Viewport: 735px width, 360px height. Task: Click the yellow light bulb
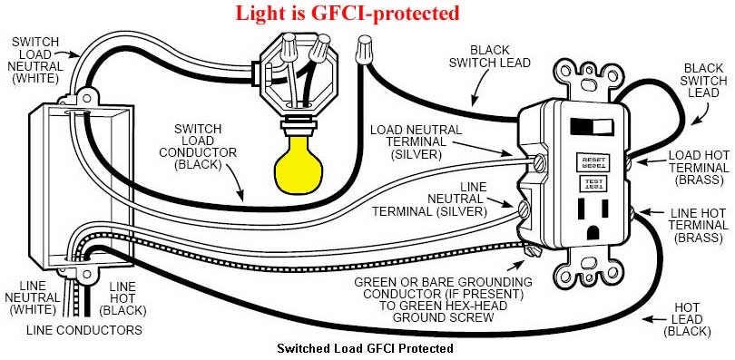point(298,164)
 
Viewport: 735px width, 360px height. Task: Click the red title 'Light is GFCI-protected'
point(347,13)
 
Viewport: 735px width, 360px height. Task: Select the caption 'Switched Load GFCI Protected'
point(365,348)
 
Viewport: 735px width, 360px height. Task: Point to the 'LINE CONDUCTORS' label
point(84,330)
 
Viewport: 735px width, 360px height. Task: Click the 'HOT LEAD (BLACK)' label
point(688,320)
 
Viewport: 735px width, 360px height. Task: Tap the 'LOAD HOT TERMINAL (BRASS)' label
point(699,167)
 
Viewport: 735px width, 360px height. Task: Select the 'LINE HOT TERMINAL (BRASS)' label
point(699,225)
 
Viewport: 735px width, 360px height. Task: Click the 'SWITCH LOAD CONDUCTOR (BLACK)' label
point(198,146)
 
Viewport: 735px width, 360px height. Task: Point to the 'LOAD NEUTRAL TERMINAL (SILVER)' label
point(416,141)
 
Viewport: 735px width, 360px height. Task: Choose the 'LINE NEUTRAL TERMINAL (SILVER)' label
point(430,199)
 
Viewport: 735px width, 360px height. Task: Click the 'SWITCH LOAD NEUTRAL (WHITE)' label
point(35,61)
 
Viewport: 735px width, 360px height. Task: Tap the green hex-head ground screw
point(533,251)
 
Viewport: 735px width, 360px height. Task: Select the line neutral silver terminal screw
point(524,209)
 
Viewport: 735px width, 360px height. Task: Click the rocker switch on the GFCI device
point(592,126)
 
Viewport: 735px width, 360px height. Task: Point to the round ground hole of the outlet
point(593,232)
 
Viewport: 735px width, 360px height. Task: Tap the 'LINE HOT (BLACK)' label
point(123,298)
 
